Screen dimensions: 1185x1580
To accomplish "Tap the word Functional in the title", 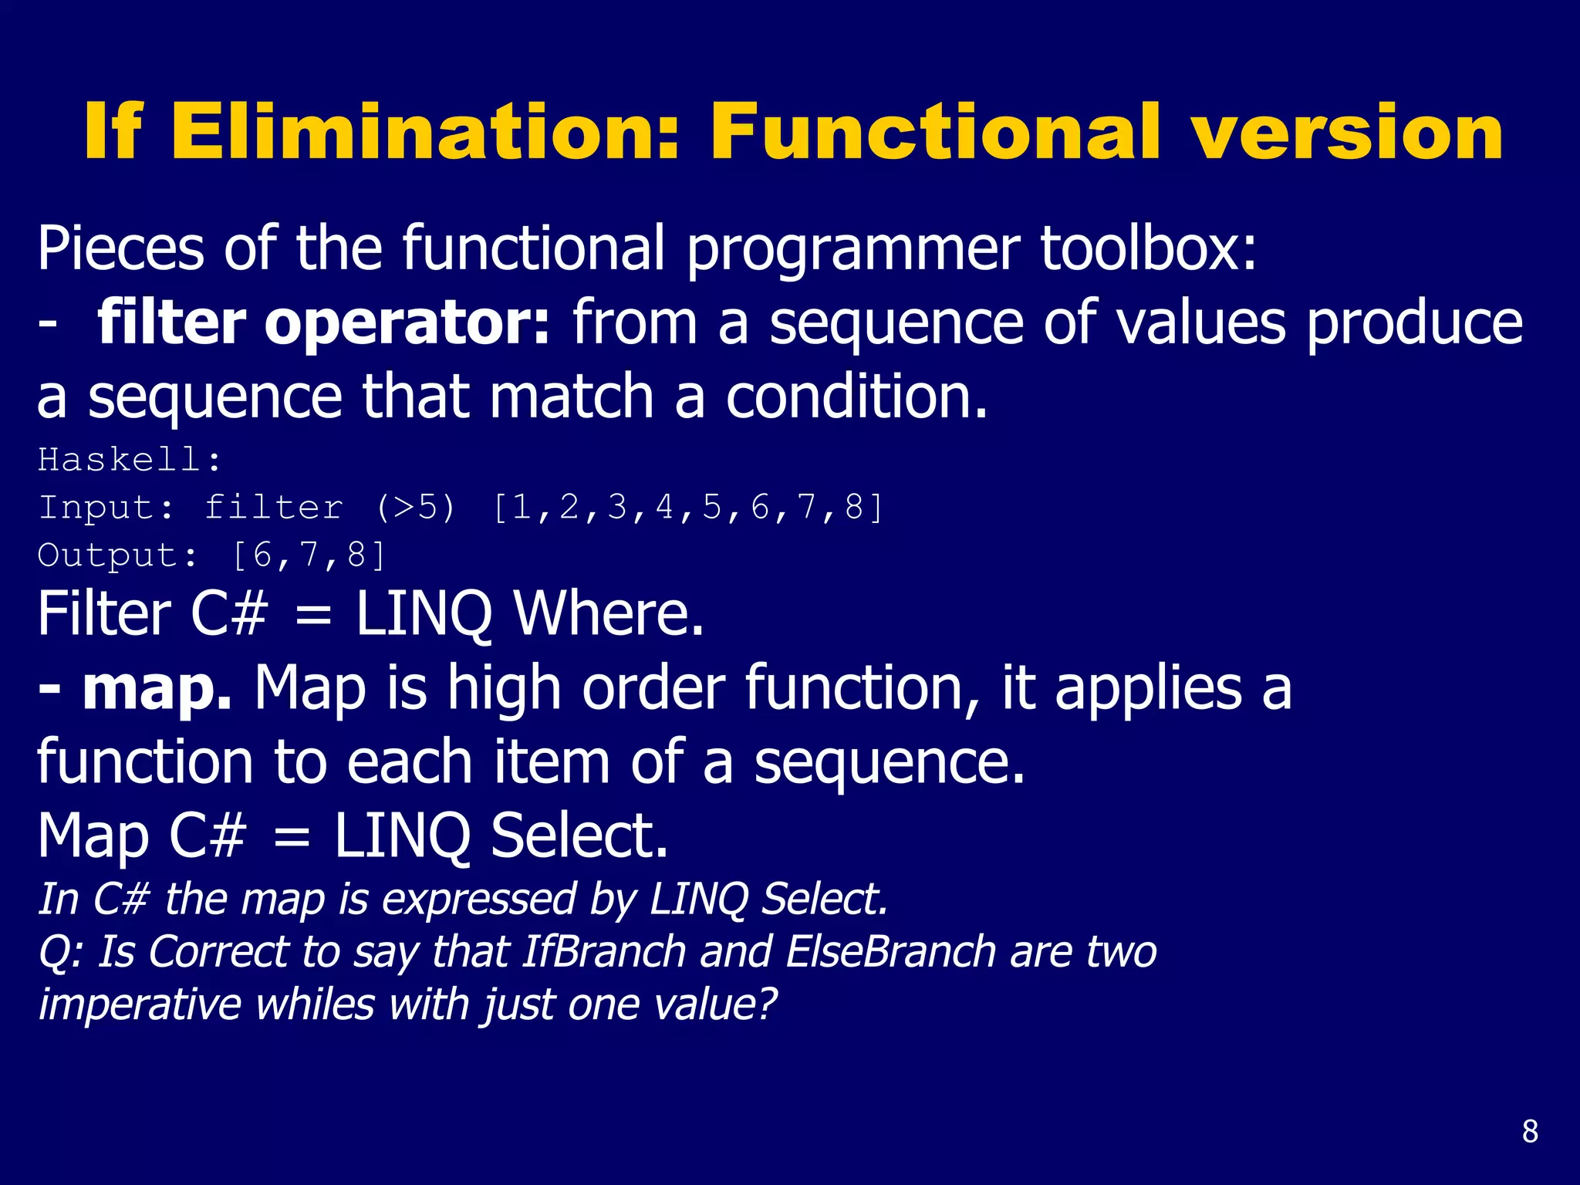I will [x=935, y=133].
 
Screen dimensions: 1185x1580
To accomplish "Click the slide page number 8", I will [x=1530, y=1132].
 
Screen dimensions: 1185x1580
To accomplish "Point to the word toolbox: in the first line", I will [x=1149, y=248].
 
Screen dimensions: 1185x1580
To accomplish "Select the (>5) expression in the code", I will [x=416, y=508].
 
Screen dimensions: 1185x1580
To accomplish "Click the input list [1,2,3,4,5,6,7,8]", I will [x=687, y=508].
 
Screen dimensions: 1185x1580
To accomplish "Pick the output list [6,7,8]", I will [x=309, y=555].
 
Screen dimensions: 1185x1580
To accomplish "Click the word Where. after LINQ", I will [x=609, y=615].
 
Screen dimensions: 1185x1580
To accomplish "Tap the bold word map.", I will [x=157, y=688].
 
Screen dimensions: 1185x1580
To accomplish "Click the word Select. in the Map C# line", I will [x=579, y=836].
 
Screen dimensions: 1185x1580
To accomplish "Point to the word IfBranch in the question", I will [x=604, y=951].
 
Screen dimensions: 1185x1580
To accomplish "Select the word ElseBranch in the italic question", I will [x=891, y=951].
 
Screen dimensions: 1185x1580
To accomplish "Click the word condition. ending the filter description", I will [x=856, y=397].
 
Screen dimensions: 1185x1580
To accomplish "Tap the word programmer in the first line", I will [x=852, y=250].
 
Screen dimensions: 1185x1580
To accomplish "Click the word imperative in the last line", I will [x=140, y=1004].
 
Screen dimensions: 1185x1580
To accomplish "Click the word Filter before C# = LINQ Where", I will [x=104, y=615].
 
